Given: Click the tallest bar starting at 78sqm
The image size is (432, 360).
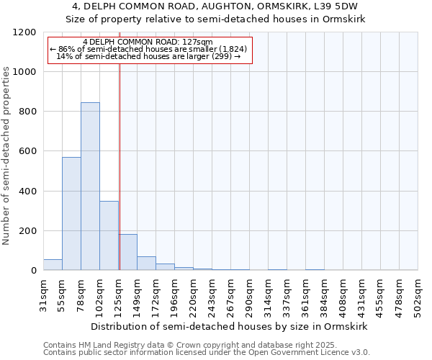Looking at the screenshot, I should pos(90,186).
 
